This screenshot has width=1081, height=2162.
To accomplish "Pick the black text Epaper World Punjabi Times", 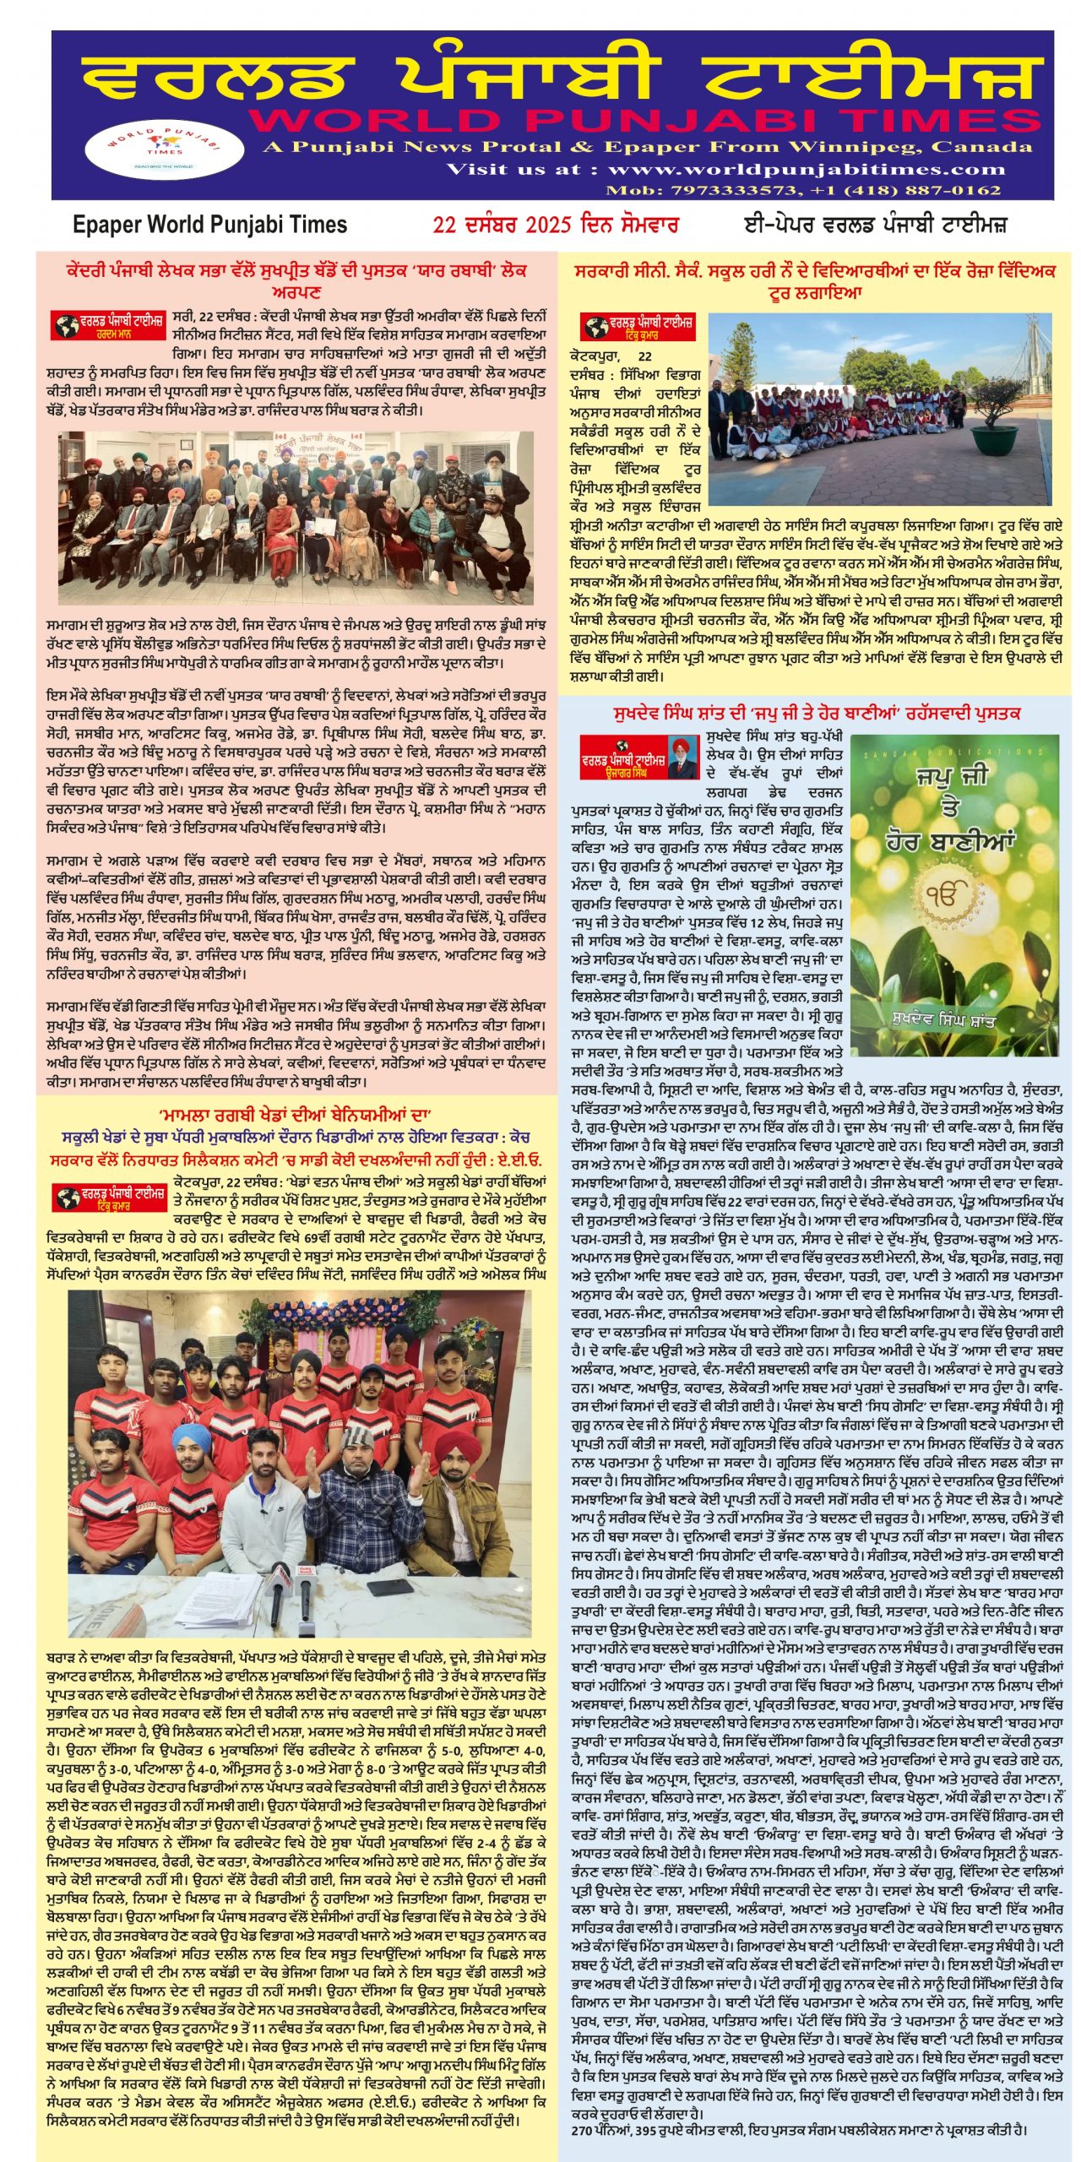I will tap(210, 225).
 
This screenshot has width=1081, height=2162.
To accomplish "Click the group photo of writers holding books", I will tap(296, 518).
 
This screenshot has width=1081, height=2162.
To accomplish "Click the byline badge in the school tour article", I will tap(638, 326).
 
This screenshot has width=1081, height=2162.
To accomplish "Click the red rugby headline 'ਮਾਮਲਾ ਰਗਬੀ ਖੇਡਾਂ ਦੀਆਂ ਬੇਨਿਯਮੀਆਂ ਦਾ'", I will tap(296, 1114).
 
